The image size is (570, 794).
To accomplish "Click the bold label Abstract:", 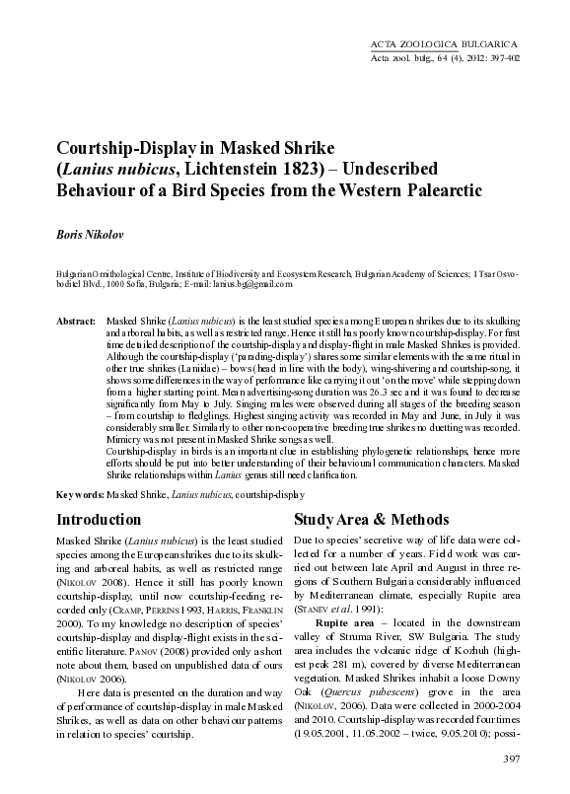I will (75, 323).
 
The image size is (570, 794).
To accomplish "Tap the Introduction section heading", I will (99, 520).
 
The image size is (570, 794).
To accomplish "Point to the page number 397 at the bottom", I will (511, 758).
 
